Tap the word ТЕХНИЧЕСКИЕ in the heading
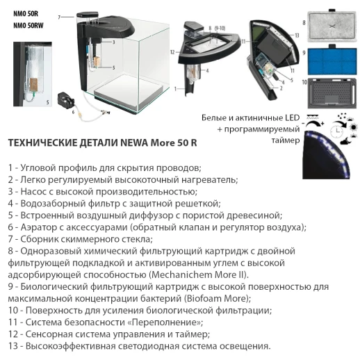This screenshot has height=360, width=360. coord(39,143)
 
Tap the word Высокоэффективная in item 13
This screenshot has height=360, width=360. coord(72,345)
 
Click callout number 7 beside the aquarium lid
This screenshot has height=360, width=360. coord(60,16)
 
